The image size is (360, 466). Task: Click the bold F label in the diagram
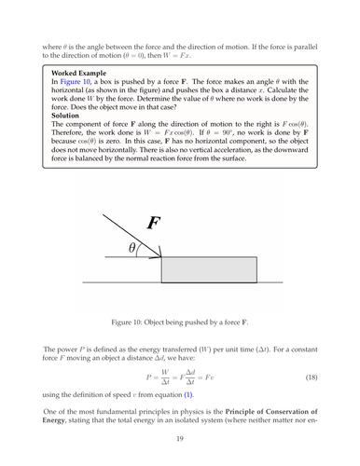[156, 223]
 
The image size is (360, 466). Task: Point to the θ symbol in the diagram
[134, 248]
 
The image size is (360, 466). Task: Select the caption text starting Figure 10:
[180, 321]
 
